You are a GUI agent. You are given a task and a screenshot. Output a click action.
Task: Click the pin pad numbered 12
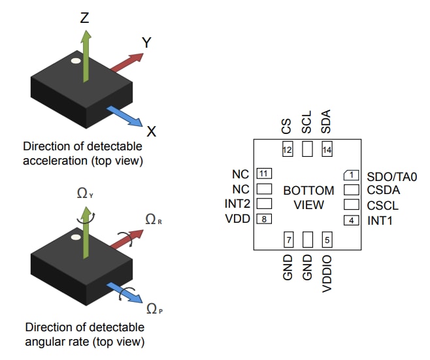tap(287, 150)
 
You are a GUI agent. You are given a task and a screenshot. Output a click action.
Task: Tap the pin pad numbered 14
tap(327, 150)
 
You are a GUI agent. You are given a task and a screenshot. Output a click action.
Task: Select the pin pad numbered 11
tap(264, 174)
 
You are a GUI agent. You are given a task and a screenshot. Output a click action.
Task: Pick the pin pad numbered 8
tap(264, 219)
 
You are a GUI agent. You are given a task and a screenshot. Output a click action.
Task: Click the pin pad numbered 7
tap(288, 240)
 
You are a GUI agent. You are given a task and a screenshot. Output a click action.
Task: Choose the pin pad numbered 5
tap(327, 240)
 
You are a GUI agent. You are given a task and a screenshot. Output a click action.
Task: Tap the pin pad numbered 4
tap(352, 220)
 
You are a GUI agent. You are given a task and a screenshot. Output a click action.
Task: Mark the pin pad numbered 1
tap(352, 174)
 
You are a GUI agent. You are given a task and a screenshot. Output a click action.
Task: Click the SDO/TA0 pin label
tap(391, 176)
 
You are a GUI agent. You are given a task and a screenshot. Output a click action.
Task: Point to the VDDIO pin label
tap(327, 273)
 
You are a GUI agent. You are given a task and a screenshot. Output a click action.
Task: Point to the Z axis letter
tap(84, 18)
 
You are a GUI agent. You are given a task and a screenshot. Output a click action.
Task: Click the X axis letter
tap(152, 132)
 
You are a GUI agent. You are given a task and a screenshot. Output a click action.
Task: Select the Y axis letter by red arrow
tap(147, 42)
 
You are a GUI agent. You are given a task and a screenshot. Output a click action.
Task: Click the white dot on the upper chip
tap(76, 61)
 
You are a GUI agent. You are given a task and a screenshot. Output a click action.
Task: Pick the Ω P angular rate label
tap(154, 308)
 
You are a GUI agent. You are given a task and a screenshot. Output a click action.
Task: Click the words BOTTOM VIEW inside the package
tap(308, 197)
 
